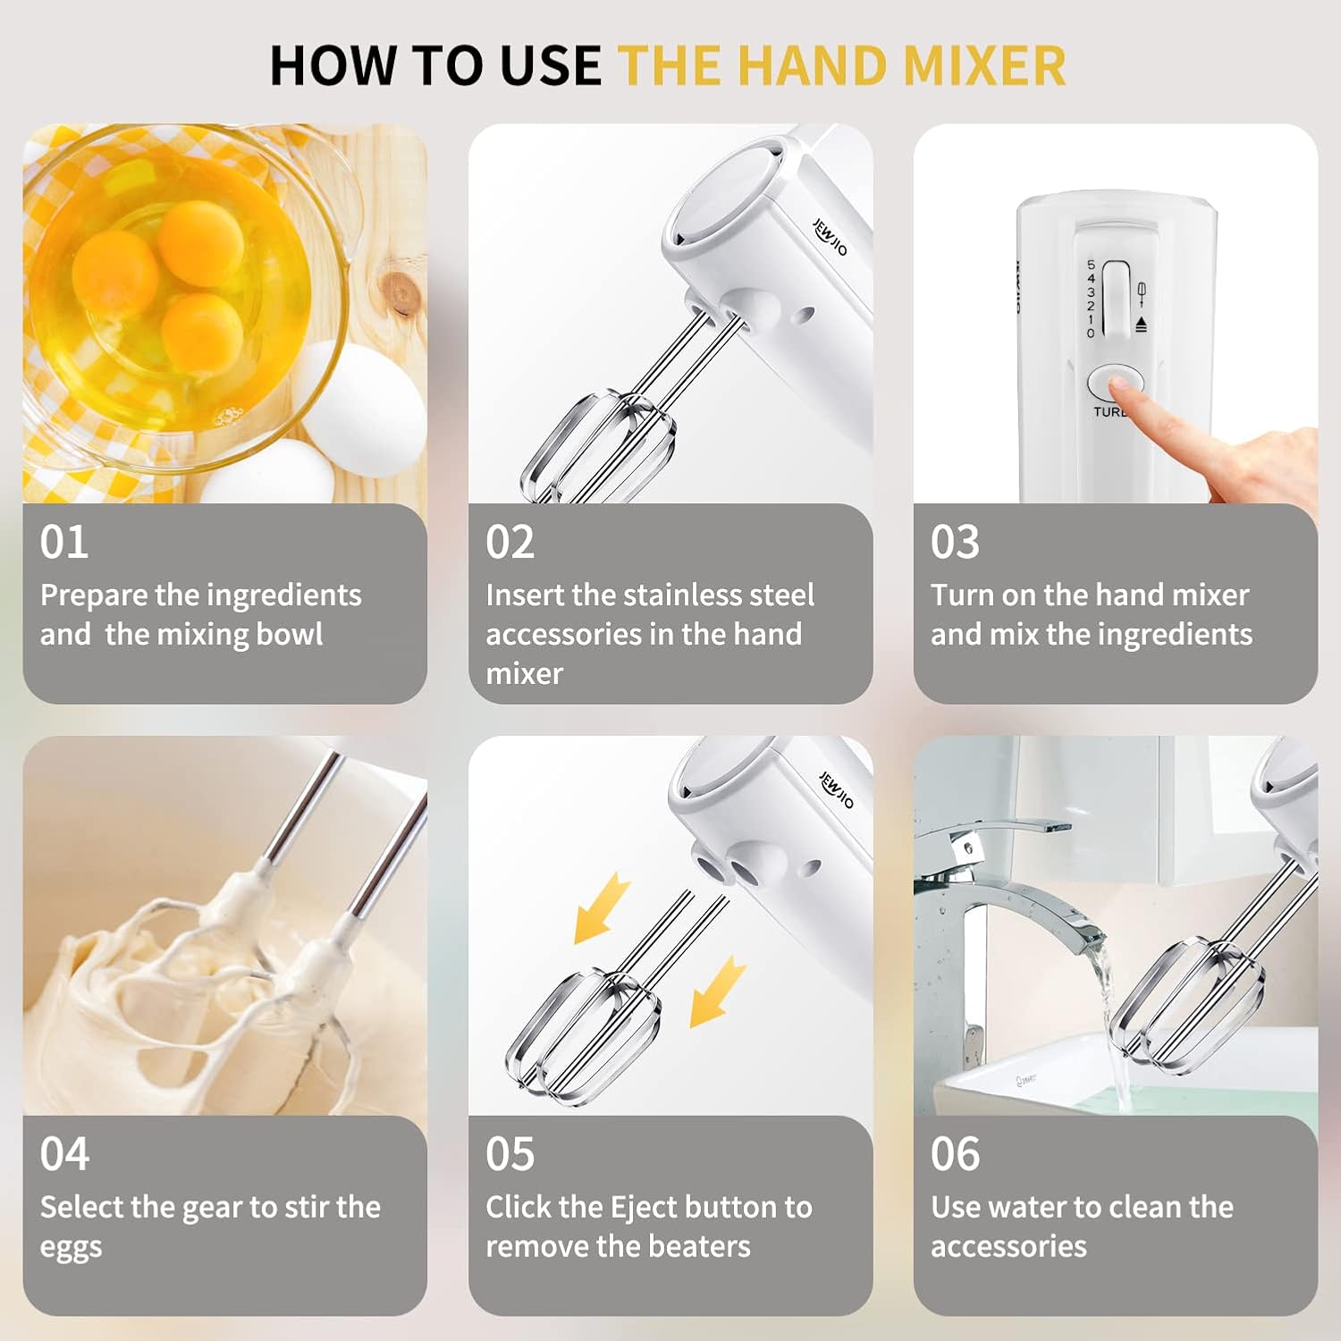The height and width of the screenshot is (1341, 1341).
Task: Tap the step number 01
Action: point(64,542)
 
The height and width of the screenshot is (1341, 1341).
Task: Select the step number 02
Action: point(510,542)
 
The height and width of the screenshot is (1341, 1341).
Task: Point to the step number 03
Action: point(956,542)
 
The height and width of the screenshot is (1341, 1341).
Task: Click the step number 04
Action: point(64,1154)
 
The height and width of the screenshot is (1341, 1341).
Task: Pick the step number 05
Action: point(510,1154)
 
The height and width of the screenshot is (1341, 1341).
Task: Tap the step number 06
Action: point(956,1154)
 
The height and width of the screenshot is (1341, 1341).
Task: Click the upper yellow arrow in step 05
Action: point(602,908)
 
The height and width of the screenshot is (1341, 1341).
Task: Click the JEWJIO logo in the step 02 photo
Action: point(830,237)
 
